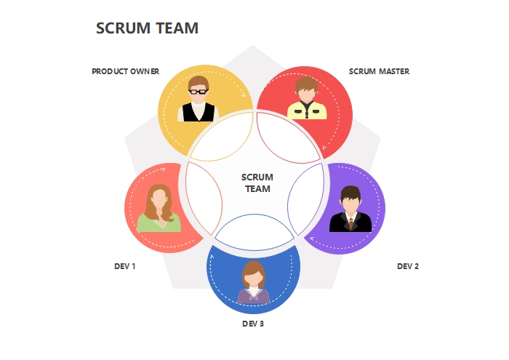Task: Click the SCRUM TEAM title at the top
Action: (x=148, y=28)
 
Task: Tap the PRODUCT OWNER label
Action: (x=125, y=71)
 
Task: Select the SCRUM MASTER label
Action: (x=379, y=71)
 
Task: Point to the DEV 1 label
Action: (x=125, y=266)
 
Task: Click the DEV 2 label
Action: (x=407, y=266)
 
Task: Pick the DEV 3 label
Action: (x=253, y=324)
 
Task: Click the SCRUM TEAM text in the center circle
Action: (x=257, y=183)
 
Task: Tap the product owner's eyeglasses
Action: (x=198, y=91)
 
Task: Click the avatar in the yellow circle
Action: (x=198, y=100)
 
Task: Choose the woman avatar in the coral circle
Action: (x=159, y=208)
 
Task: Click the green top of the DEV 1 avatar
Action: (x=159, y=224)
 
